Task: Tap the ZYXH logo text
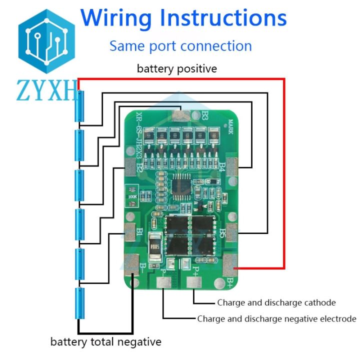point(47,91)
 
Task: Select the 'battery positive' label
point(177,68)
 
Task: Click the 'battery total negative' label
point(106,342)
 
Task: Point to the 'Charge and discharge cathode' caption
point(276,302)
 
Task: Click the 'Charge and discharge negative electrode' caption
point(276,318)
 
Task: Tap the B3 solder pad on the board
point(180,116)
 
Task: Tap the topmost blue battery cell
point(79,106)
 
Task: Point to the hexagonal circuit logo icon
point(46,41)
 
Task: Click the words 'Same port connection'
point(180,46)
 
